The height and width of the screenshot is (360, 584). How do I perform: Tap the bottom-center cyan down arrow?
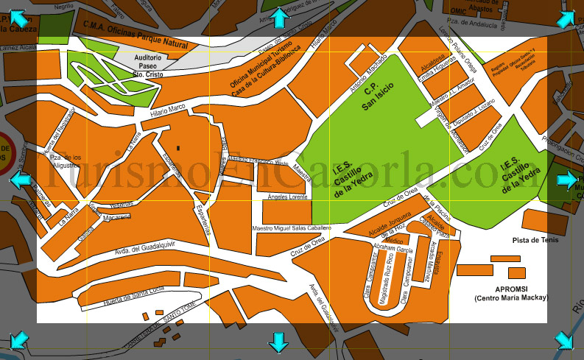pyautogui.click(x=278, y=342)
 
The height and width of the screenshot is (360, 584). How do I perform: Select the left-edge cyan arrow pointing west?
pyautogui.click(x=20, y=180)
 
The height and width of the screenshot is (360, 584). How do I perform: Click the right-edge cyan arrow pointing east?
pyautogui.click(x=566, y=180)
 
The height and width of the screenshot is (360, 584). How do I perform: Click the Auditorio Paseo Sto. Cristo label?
pyautogui.click(x=148, y=66)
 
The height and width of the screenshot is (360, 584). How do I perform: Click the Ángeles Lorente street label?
pyautogui.click(x=287, y=197)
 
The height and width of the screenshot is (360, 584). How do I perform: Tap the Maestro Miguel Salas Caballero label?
pyautogui.click(x=292, y=228)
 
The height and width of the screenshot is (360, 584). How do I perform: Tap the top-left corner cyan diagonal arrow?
pyautogui.click(x=18, y=18)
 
